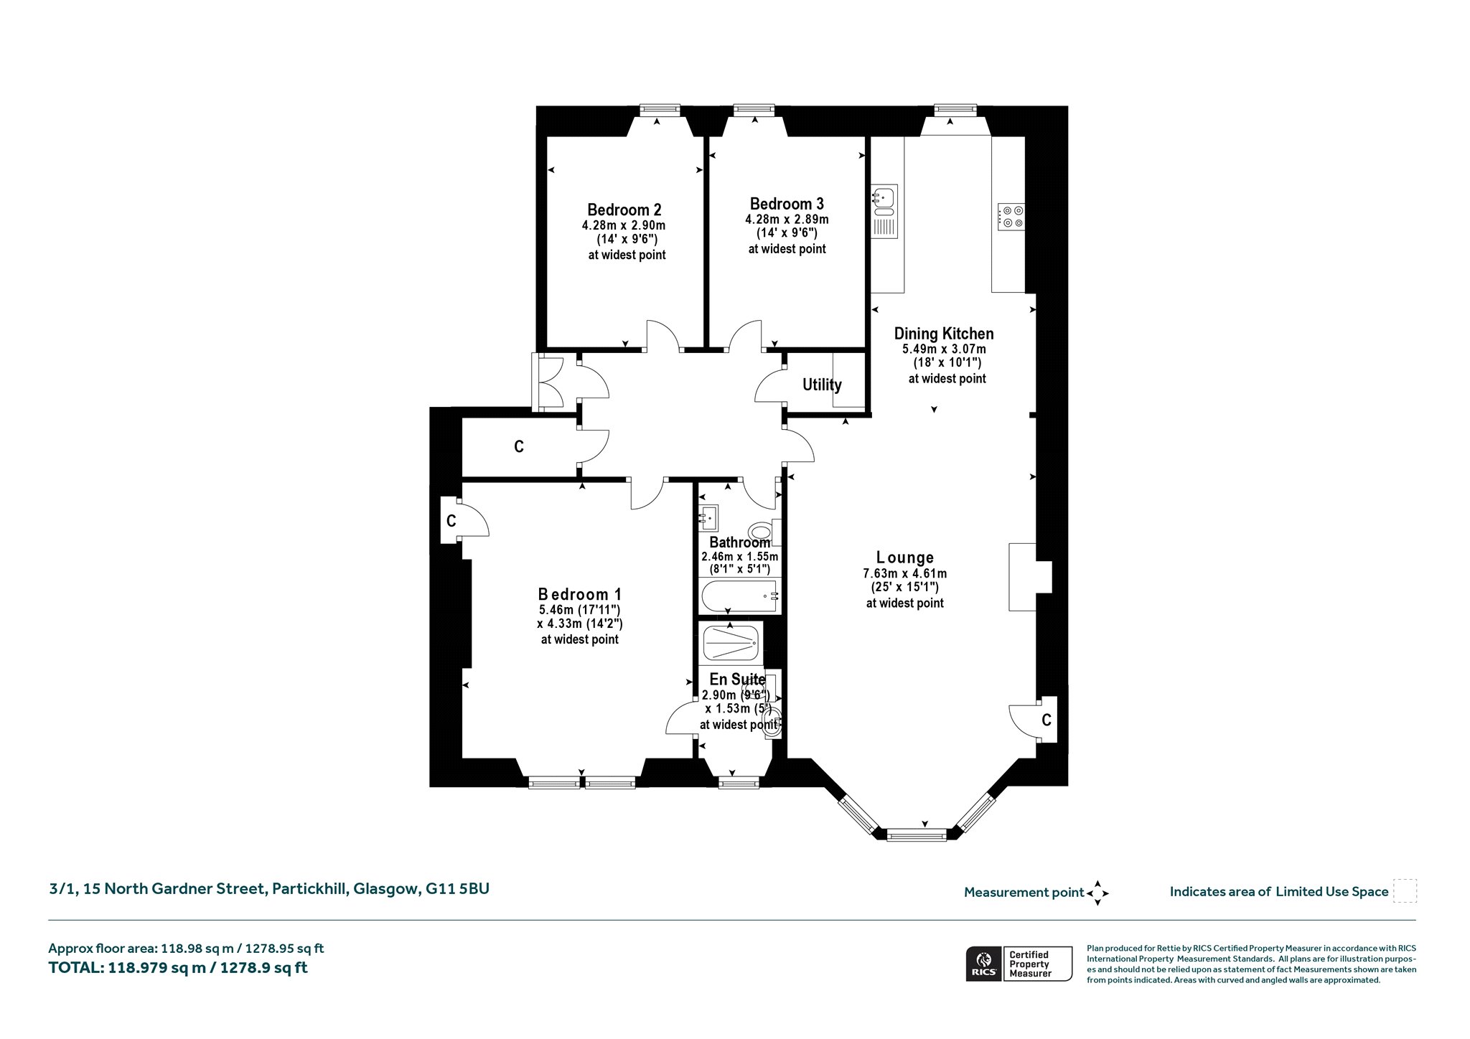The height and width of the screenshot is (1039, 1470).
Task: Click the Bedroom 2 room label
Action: click(x=624, y=210)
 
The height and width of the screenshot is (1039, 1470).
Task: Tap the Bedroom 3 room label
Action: click(x=787, y=204)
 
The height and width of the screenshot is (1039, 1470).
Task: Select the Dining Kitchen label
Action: click(x=944, y=334)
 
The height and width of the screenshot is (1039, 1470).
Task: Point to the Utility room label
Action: click(x=822, y=385)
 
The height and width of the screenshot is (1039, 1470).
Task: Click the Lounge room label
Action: click(x=905, y=558)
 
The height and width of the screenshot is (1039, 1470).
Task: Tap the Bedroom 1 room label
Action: click(x=580, y=594)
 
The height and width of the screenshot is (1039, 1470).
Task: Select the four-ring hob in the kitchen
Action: click(x=1011, y=217)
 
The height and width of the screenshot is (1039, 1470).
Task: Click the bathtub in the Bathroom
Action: click(x=740, y=596)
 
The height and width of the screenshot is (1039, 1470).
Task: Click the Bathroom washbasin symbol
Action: click(x=709, y=517)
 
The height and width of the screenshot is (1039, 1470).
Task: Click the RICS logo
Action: click(x=983, y=963)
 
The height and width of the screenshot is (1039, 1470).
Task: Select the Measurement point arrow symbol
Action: click(x=1097, y=893)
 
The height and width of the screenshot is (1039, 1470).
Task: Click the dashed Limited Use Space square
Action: click(x=1405, y=891)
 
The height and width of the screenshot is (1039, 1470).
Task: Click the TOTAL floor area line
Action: click(x=178, y=967)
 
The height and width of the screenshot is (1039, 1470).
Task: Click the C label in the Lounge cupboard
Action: click(x=1047, y=720)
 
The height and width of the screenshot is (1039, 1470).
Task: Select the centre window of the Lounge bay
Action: click(x=917, y=835)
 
